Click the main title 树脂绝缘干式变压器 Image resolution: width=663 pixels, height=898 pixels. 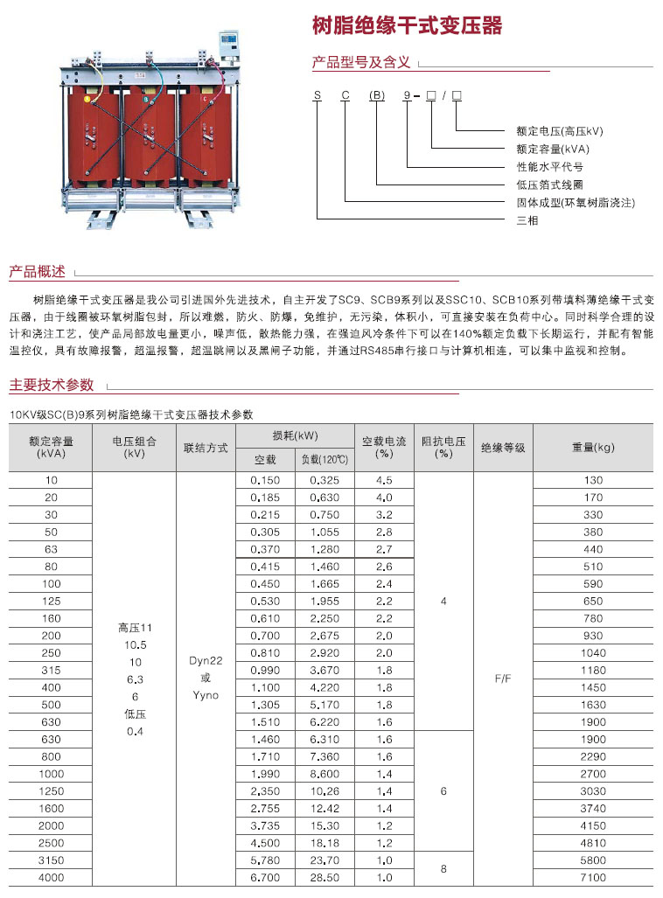click(x=408, y=26)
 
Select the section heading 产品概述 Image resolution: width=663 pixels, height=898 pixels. click(x=37, y=272)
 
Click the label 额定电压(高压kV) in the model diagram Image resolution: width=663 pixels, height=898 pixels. click(x=560, y=131)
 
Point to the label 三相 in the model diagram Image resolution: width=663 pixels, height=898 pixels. click(x=527, y=220)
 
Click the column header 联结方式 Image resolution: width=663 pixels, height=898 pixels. click(x=206, y=448)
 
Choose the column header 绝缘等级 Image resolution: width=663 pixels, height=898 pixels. click(x=503, y=448)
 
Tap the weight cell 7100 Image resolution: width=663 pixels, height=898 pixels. click(x=593, y=877)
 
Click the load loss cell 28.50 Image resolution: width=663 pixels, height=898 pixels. click(x=325, y=877)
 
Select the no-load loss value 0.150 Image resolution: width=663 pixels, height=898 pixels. click(x=265, y=481)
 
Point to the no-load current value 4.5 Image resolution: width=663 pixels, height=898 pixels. click(x=384, y=481)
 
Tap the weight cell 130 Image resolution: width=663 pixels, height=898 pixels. click(x=593, y=481)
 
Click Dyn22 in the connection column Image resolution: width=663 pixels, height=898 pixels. click(x=206, y=661)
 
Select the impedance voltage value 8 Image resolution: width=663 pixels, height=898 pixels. click(x=443, y=868)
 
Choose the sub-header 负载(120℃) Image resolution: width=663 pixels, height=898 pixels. click(x=325, y=459)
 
